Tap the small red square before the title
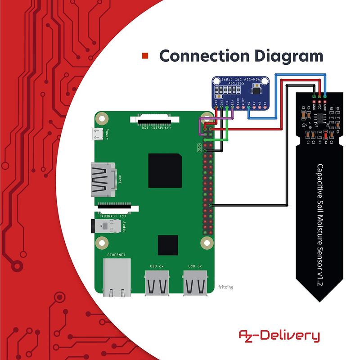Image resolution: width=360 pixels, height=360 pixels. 145,56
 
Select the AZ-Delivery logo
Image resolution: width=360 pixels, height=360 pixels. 279,336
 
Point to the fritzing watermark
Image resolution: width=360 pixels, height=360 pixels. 226,287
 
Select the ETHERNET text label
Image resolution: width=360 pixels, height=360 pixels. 116,255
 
